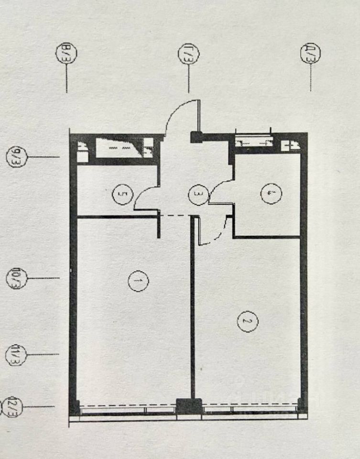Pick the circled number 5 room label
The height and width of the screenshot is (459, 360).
coord(120,194)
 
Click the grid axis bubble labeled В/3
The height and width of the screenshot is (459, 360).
coord(63,53)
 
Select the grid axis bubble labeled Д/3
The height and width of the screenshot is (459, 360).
coord(310,53)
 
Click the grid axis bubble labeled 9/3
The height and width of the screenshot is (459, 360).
coord(16,157)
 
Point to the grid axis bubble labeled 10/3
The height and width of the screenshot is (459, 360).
coord(16,278)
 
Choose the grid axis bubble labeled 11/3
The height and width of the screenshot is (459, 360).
coord(16,354)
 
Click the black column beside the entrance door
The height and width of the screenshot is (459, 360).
coord(196,137)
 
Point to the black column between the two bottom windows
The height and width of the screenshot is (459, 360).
coord(189,406)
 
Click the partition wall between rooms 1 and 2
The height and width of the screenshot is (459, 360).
coord(192,311)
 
